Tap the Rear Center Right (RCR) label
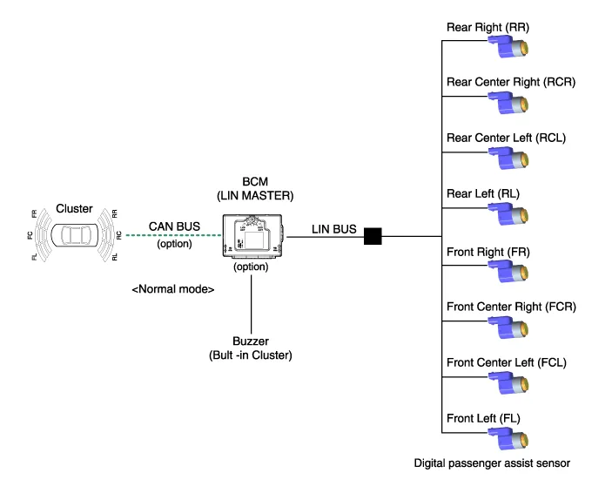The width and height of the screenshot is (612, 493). coord(499,82)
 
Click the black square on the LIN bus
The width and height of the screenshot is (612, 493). coord(373,234)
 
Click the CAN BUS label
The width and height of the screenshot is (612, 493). coord(174,226)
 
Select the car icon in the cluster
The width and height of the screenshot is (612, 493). coord(82,235)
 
